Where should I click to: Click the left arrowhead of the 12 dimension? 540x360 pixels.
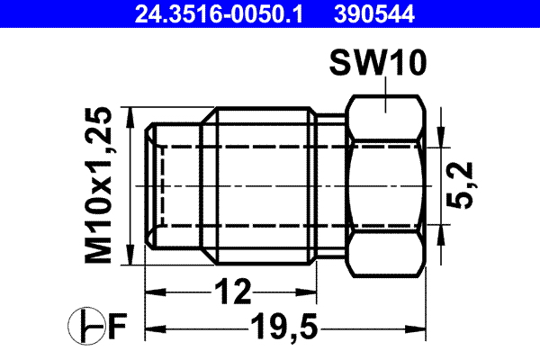click(154, 292)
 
